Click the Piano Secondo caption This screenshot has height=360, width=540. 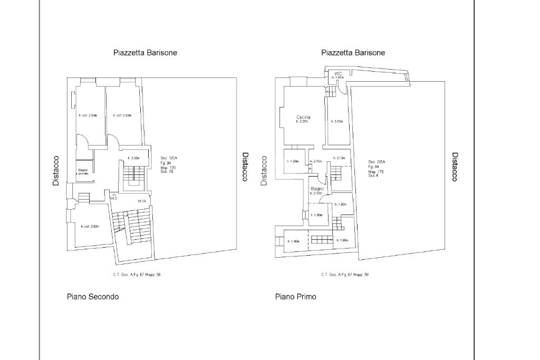(93, 297)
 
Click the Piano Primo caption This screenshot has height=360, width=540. (296, 297)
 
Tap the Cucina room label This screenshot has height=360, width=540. (303, 117)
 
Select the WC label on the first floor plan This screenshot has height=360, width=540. (338, 74)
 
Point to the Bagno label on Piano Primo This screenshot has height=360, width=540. (316, 189)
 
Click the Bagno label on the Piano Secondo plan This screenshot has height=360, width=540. (83, 170)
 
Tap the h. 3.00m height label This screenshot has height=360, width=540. (337, 122)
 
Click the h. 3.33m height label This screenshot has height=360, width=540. (133, 158)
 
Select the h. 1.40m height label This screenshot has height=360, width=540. (293, 241)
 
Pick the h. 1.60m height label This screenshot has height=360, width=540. (343, 240)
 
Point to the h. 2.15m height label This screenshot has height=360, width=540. (316, 161)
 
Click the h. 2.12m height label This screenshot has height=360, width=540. (339, 158)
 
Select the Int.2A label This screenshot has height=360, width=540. (142, 201)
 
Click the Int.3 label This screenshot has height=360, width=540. (113, 198)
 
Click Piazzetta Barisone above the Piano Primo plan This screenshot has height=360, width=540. (353, 53)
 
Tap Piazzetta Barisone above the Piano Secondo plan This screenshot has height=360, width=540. (145, 53)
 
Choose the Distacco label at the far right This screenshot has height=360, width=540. (455, 167)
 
